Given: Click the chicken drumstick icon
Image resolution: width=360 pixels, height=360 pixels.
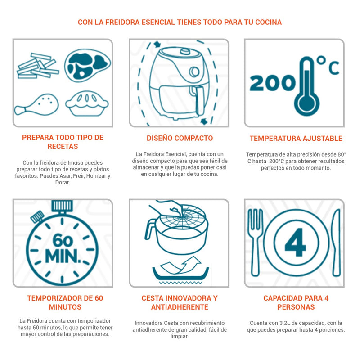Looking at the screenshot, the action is click(37, 104).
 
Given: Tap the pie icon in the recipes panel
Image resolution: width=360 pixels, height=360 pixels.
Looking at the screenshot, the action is click(87, 104).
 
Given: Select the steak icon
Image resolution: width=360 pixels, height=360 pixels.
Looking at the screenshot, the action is click(87, 65).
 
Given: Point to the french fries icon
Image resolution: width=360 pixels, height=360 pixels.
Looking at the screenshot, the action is click(38, 66).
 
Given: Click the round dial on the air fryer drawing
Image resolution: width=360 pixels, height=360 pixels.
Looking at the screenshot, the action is click(195, 72).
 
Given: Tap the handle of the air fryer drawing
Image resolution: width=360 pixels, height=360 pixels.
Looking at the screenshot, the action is click(199, 100).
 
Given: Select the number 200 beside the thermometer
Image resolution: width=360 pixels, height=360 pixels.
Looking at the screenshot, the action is click(273, 83).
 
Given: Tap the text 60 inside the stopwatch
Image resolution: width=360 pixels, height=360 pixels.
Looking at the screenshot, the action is click(63, 241).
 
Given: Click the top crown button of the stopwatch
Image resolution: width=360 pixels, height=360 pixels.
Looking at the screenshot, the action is click(62, 206).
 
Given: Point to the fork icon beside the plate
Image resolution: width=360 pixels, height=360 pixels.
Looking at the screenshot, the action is click(255, 242).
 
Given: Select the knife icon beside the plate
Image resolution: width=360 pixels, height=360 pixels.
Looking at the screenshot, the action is click(336, 242).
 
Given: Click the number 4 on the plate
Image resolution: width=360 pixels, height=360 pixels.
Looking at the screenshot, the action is click(295, 242).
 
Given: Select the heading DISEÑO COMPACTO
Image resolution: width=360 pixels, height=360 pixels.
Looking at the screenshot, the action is click(180, 138).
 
